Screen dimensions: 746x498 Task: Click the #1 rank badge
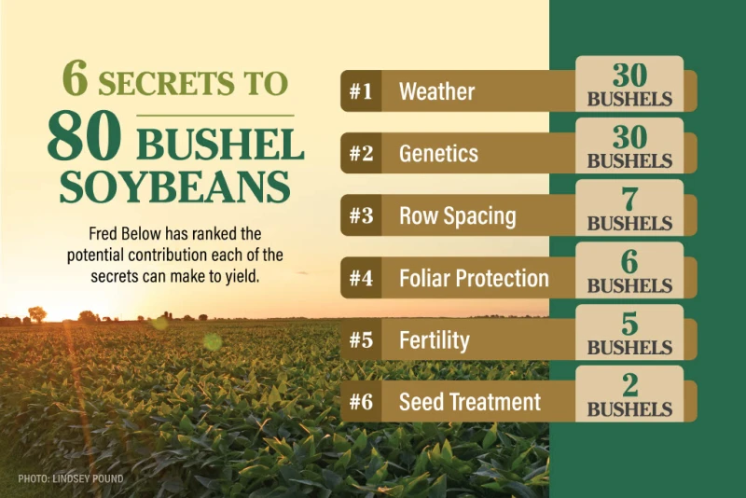tap(361, 90)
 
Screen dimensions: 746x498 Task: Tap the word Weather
tap(436, 91)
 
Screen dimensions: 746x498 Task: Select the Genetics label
tap(438, 153)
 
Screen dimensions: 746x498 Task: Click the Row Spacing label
tap(458, 216)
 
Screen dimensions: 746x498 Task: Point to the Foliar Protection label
tap(474, 278)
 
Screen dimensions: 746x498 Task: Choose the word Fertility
tap(435, 340)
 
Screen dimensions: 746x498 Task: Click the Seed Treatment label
tap(470, 402)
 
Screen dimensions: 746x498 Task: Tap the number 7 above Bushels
tap(629, 200)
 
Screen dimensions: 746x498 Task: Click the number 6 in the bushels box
tap(629, 261)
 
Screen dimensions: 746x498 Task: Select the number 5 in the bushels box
tap(629, 324)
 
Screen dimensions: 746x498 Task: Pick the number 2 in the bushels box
tap(629, 385)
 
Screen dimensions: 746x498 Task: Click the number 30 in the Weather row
tap(629, 75)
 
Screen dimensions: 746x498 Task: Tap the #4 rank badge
tap(361, 278)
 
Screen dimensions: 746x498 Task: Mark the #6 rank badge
tap(361, 402)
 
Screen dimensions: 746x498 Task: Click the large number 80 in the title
tap(84, 136)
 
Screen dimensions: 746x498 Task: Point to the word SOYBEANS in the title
tap(174, 187)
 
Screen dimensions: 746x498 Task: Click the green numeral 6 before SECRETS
tap(76, 78)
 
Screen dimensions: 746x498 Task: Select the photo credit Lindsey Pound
tap(71, 478)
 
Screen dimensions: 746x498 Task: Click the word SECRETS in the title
tap(166, 84)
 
